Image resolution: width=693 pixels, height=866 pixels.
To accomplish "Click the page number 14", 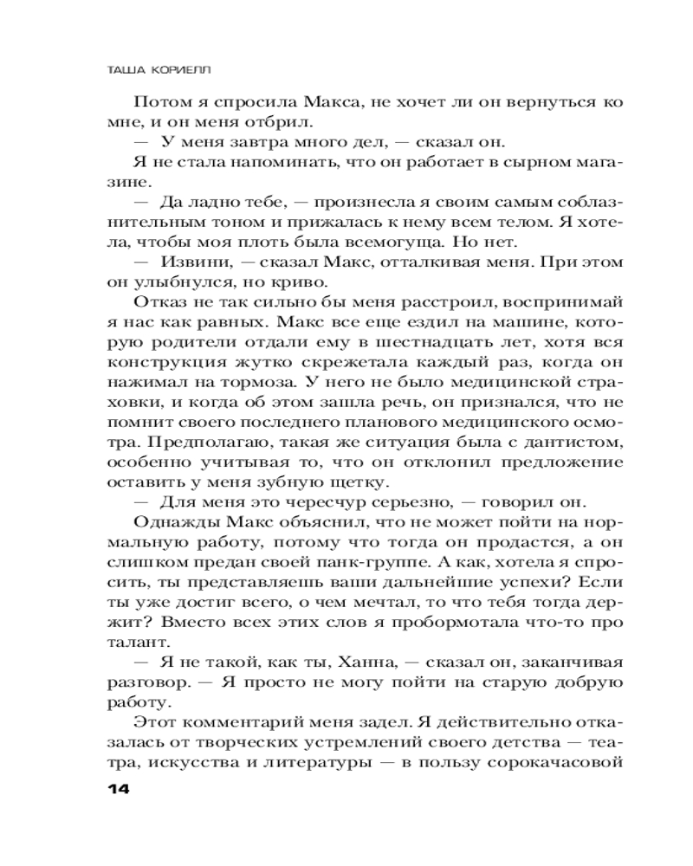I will coord(115,788).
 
